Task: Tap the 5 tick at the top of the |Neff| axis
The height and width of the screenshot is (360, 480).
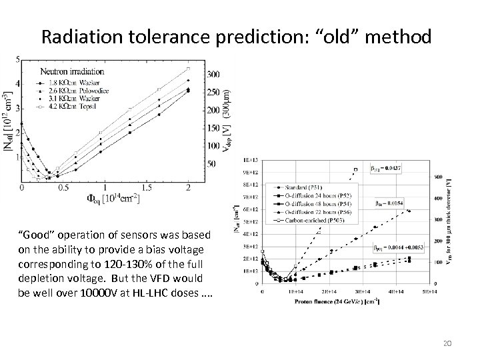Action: click(x=18, y=59)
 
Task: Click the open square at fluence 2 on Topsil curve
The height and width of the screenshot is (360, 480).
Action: click(x=189, y=68)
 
